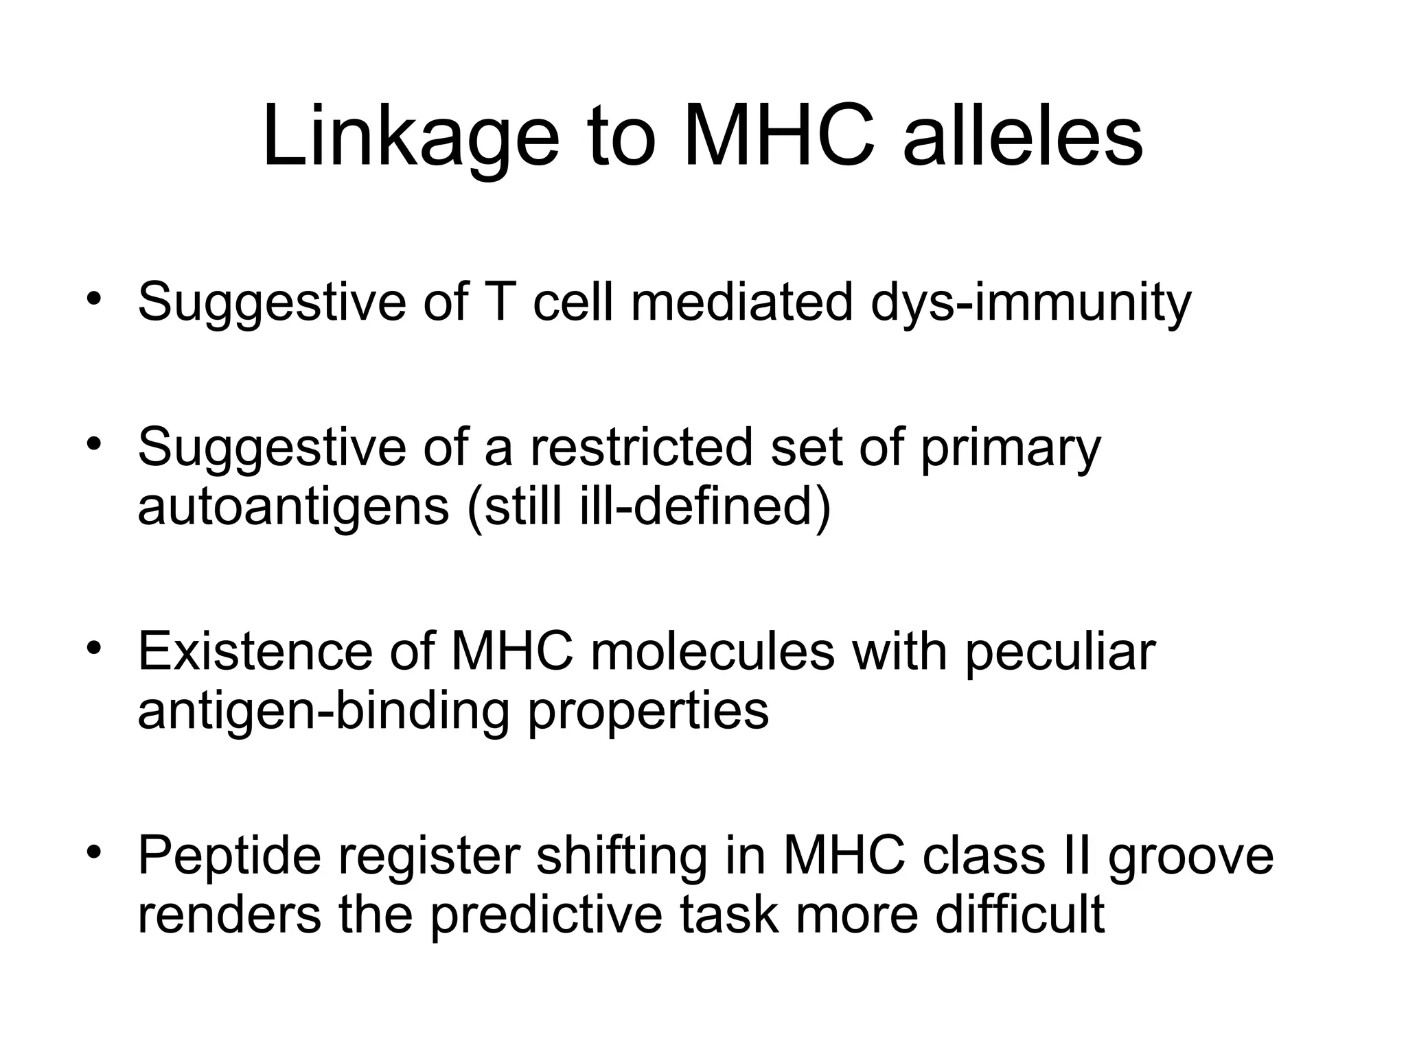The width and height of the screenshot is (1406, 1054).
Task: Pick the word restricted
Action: [641, 447]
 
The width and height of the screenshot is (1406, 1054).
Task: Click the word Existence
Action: [255, 651]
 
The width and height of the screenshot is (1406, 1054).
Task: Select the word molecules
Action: [712, 651]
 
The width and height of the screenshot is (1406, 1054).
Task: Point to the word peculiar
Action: [1060, 651]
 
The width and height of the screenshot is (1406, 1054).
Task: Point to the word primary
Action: [1010, 447]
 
